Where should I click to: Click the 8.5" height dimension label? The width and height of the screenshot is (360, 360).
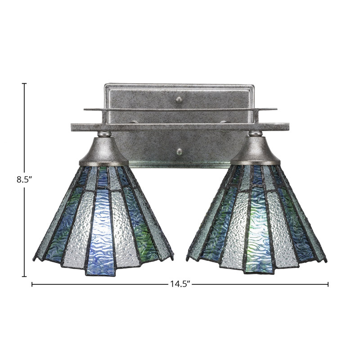click(x=24, y=179)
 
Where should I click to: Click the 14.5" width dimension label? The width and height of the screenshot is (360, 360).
click(x=180, y=284)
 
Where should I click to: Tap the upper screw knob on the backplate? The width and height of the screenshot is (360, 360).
click(x=179, y=99)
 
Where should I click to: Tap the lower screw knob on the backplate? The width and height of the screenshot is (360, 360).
click(x=179, y=151)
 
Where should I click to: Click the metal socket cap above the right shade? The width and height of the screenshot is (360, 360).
click(x=256, y=151)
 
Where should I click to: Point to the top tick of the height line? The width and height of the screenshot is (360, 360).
click(x=24, y=84)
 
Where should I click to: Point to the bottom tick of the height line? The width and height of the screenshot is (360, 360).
click(x=24, y=276)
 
